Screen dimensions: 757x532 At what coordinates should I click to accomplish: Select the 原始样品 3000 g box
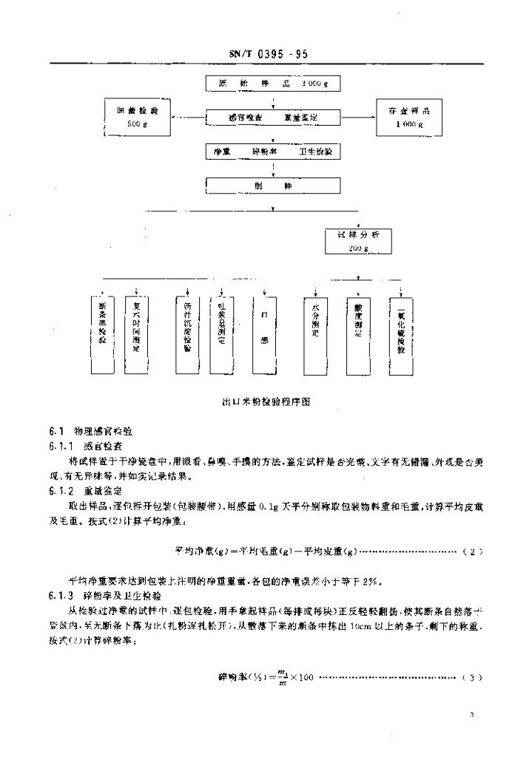coord(273,84)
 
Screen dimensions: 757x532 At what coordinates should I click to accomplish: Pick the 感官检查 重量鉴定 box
coord(273,118)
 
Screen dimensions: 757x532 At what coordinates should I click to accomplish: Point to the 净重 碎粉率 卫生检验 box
coord(273,152)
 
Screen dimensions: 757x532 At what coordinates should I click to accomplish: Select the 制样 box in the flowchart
coord(273,187)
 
